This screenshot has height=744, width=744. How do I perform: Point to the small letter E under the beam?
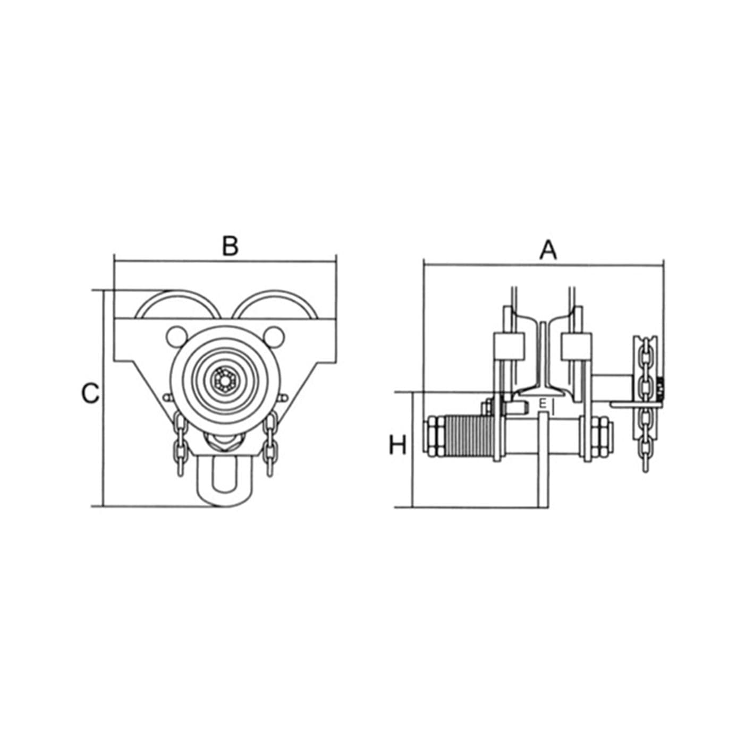(542, 404)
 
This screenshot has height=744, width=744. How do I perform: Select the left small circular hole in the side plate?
(177, 337)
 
